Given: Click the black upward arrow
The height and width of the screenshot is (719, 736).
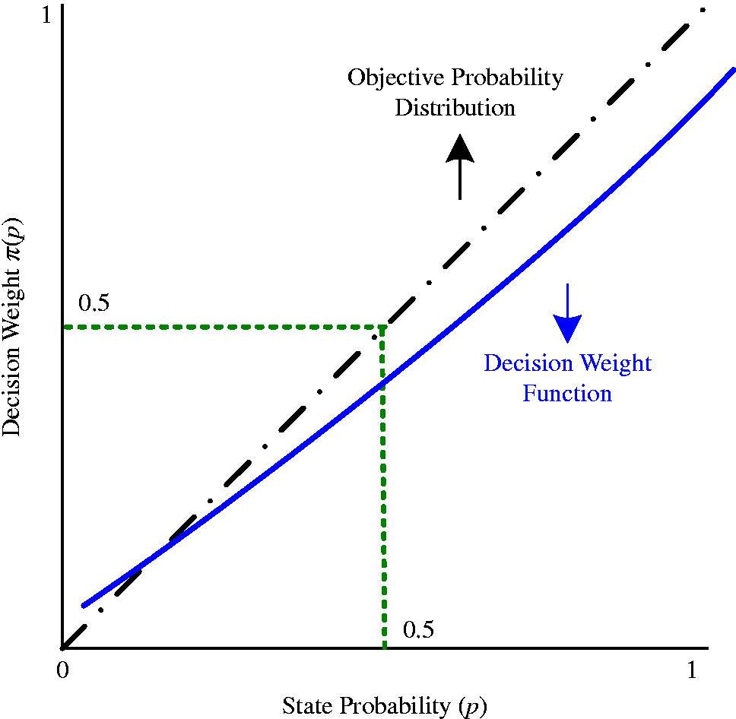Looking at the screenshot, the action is pos(459,167).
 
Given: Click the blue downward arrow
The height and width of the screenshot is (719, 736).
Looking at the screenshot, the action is pos(567,313).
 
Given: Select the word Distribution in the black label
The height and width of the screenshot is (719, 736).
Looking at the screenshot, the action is pos(455,107).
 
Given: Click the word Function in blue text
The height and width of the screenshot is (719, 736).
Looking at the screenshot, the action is pos(567,393).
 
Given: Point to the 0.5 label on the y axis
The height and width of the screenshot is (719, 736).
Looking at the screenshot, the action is pos(94,302).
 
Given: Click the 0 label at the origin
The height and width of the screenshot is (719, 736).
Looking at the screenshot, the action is pos(62,670).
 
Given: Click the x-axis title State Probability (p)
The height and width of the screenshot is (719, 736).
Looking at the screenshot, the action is pos(385,705).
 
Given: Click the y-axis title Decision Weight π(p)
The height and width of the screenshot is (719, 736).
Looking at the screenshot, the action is pos(11,327).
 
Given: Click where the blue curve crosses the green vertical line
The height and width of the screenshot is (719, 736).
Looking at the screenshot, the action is pos(383,385).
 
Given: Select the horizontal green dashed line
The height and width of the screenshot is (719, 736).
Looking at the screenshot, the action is pos(224,327).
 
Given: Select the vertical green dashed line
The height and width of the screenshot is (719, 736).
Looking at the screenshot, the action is pos(383,487).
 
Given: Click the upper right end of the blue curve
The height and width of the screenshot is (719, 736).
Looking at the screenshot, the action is pos(734,69).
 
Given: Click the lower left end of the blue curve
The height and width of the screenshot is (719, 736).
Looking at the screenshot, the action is pos(84,606).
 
